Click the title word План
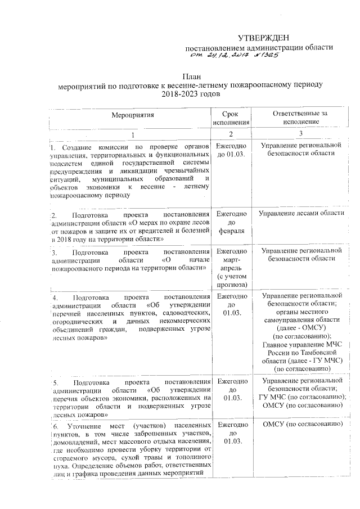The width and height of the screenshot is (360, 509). [x=191, y=76]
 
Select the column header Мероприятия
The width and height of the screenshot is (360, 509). [x=132, y=117]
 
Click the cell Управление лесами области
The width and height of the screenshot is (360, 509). [x=301, y=214]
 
